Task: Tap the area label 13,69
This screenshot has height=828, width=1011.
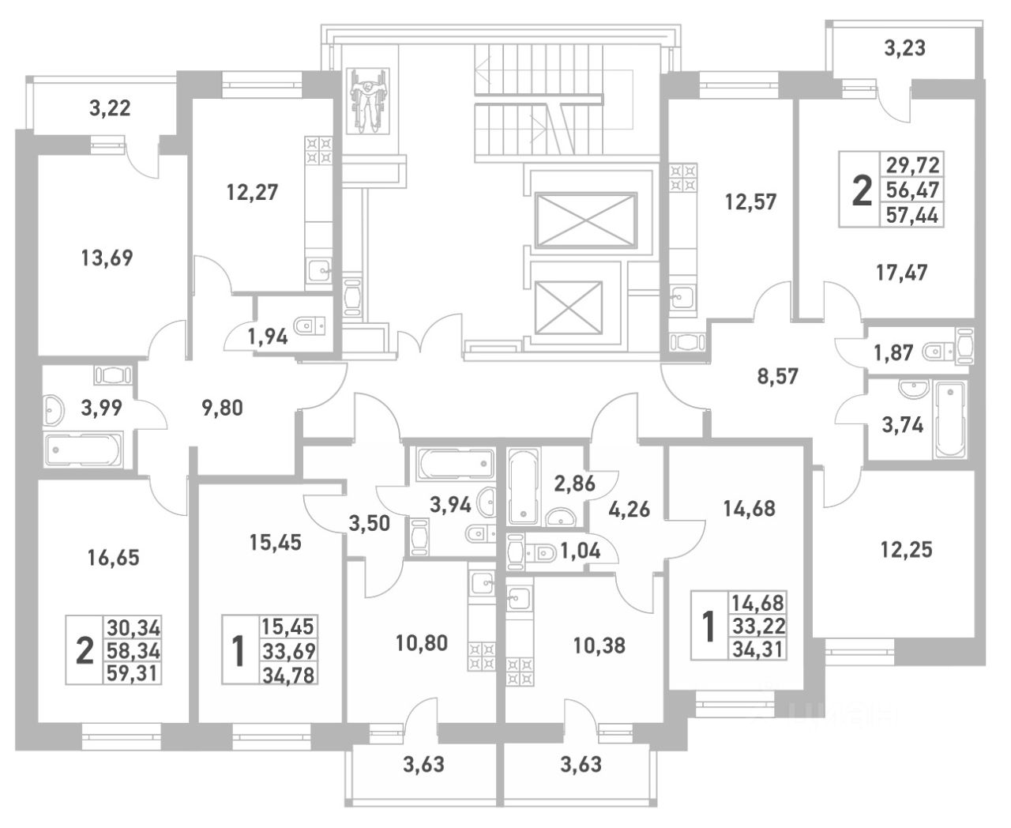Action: tap(107, 258)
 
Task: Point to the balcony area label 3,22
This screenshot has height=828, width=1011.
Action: tap(110, 108)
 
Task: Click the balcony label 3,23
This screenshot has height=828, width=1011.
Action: tap(904, 48)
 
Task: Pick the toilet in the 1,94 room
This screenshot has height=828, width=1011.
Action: tap(305, 326)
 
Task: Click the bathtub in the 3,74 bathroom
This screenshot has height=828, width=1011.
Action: tap(950, 419)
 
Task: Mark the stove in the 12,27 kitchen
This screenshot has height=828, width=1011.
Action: tap(319, 151)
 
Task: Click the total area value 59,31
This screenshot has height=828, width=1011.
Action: tap(133, 674)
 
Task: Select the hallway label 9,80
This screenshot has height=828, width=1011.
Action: tap(223, 408)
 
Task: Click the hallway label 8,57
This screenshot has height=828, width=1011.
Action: tap(780, 376)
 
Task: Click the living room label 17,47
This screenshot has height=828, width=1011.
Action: tap(902, 273)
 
